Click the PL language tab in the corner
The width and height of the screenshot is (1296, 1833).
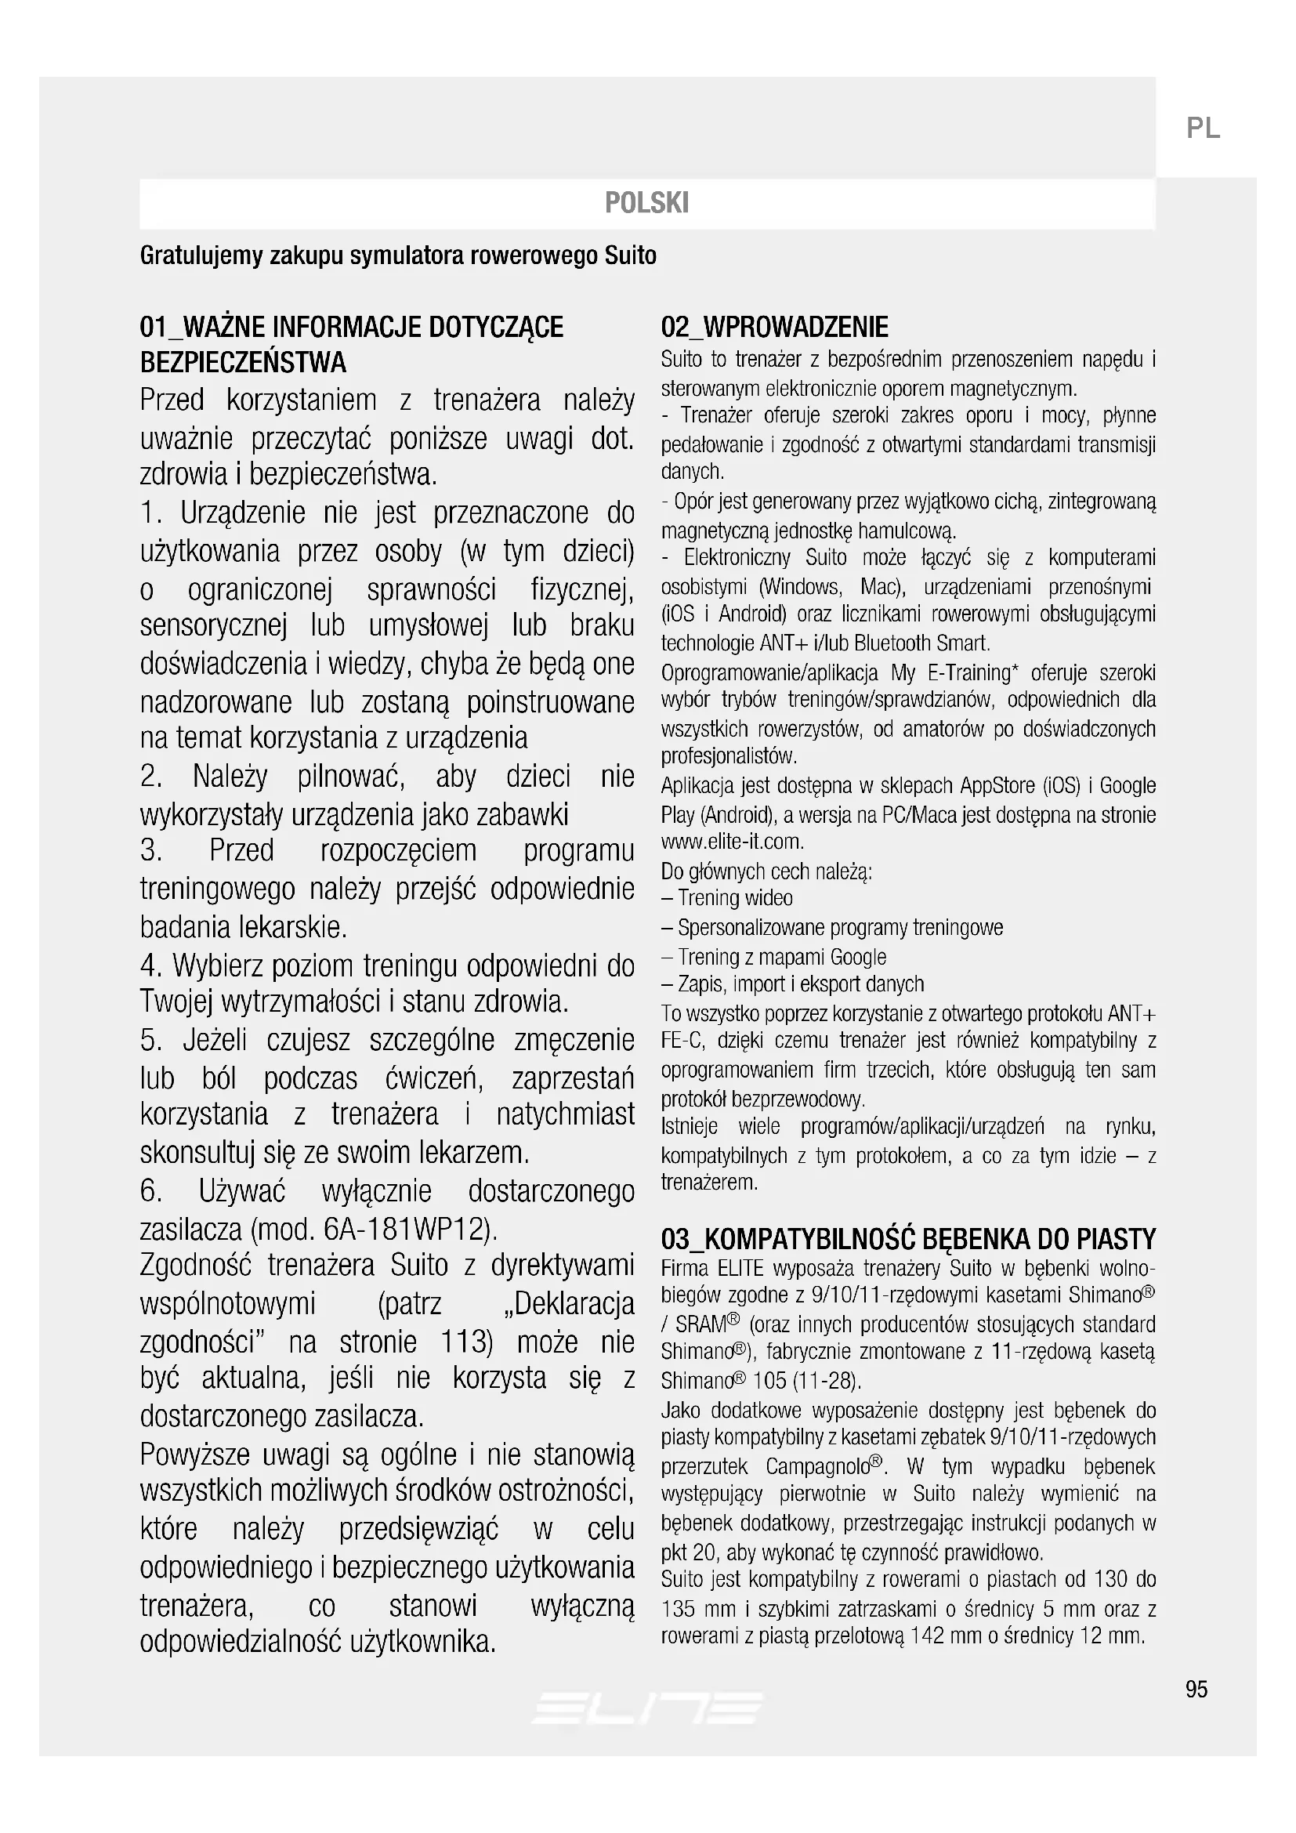[1203, 129]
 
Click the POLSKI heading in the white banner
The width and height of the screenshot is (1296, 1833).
[646, 203]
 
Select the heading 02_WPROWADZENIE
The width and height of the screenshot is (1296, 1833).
[774, 328]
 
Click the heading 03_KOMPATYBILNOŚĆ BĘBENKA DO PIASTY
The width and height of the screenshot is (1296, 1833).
[908, 1239]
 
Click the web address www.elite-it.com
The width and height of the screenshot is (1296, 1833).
[732, 842]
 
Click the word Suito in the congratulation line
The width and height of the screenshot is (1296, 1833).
[631, 256]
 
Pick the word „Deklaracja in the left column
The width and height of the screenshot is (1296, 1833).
[569, 1304]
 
